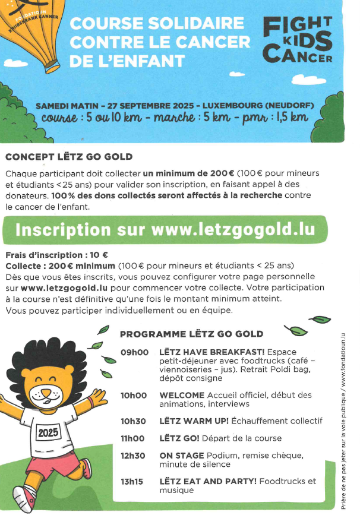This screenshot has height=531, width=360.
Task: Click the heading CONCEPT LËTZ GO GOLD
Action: tap(68, 157)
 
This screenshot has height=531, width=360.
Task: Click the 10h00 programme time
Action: tap(134, 395)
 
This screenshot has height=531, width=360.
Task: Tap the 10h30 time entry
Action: tap(134, 421)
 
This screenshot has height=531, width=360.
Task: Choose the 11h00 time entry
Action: tap(134, 438)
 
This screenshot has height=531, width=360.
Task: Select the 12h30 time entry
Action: tap(134, 456)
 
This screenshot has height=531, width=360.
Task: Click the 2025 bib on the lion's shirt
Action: tap(49, 432)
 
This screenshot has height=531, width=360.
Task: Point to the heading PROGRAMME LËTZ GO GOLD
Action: tap(191, 334)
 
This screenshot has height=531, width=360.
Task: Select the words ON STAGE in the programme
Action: tap(180, 456)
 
